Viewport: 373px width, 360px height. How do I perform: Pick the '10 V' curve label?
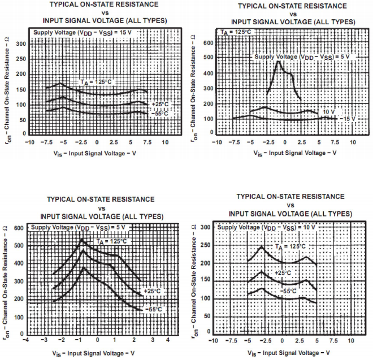coord(327,112)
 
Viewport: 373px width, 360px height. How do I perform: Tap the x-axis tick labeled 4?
coord(168,339)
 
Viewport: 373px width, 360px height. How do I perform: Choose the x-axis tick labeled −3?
coord(44,339)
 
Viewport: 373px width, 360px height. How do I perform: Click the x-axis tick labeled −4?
coord(25,339)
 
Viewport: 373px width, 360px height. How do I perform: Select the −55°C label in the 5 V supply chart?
coord(153,310)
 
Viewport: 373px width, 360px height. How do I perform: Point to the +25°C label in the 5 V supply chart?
coord(152,291)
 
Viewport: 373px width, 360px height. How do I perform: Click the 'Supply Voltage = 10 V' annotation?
coord(266,227)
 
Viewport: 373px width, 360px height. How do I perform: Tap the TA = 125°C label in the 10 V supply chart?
coord(290,246)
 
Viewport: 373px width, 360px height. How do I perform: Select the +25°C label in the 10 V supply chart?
coord(283,272)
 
